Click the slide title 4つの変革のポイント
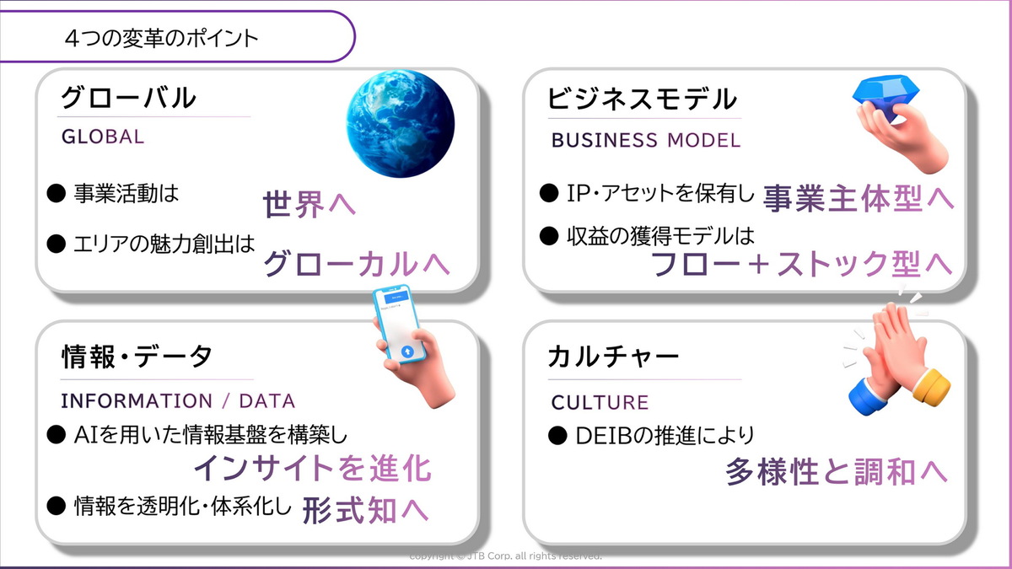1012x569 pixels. coord(160,39)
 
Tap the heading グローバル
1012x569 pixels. coord(128,98)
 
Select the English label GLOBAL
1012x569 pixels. coord(103,137)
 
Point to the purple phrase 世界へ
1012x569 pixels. coord(310,206)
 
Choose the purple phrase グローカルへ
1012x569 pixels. coord(357,264)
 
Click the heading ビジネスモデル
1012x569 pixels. coord(642,99)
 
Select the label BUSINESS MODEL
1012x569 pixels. coord(646,141)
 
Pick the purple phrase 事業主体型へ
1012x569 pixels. coord(859,199)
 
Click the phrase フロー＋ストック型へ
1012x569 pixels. coord(801,264)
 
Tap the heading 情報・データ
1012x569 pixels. coord(137,357)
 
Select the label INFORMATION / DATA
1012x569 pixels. coord(178,400)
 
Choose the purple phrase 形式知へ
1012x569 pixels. coord(365,509)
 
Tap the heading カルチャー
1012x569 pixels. coord(613,357)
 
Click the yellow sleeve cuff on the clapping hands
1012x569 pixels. coord(931,386)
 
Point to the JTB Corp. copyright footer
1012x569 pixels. coord(505,556)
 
